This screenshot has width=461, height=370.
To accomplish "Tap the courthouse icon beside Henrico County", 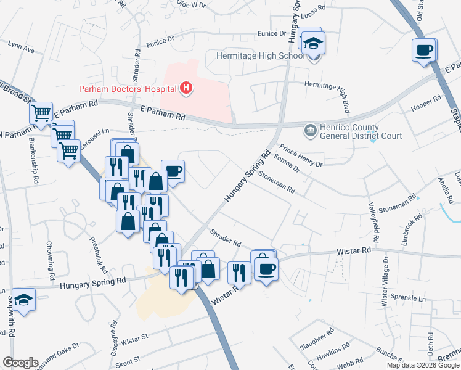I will (309, 131).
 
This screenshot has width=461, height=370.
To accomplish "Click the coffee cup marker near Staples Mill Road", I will (424, 50).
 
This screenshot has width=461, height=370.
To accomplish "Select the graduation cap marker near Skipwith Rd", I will (23, 300).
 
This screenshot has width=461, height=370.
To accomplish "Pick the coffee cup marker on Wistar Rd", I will (266, 269).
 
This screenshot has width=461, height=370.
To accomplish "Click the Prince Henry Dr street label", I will (301, 156).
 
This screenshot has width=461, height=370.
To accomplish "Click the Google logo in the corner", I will (20, 362).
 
